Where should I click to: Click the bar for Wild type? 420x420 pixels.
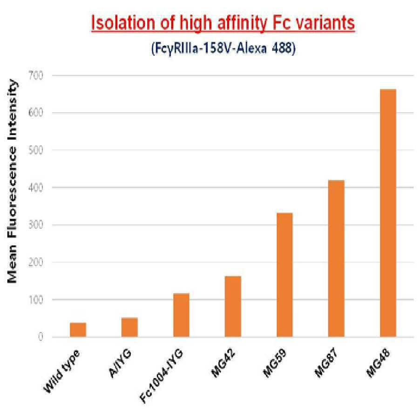(78, 330)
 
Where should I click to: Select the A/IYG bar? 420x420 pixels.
(129, 327)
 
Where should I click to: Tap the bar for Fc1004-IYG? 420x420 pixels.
(181, 315)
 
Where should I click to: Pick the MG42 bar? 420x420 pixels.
(233, 306)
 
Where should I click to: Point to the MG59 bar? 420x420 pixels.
(285, 275)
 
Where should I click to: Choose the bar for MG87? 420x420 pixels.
(336, 258)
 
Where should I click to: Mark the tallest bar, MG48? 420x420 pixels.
(388, 213)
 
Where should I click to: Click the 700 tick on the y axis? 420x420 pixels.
(36, 75)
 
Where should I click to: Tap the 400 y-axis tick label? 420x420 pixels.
(36, 188)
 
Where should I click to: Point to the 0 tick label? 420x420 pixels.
(41, 337)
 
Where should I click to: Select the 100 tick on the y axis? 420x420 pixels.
(36, 299)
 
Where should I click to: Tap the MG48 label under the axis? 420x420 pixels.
(378, 364)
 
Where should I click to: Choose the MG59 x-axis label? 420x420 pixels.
(275, 364)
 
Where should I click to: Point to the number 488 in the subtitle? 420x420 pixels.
(284, 48)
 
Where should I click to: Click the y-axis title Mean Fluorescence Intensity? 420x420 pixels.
(12, 181)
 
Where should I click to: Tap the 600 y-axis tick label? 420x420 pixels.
(36, 113)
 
